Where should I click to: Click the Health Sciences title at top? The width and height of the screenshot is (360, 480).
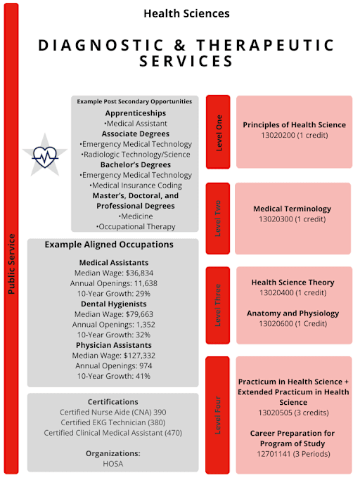pyautogui.click(x=186, y=13)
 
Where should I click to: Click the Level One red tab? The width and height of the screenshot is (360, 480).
pyautogui.click(x=219, y=132)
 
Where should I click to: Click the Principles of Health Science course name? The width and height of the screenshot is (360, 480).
pyautogui.click(x=294, y=124)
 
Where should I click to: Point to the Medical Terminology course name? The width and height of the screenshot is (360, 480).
pyautogui.click(x=292, y=209)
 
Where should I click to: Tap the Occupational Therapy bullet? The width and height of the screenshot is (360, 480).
pyautogui.click(x=135, y=227)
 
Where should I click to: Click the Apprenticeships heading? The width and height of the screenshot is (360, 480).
pyautogui.click(x=135, y=112)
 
